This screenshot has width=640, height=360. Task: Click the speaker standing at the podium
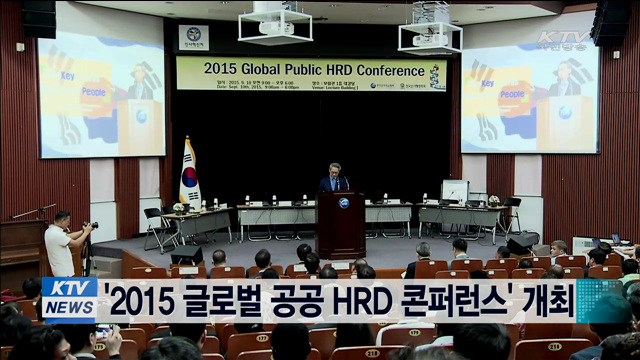click(335, 178)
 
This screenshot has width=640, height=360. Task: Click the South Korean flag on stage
click(189, 173)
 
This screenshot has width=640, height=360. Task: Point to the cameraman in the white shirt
click(59, 244)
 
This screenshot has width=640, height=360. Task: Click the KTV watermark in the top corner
click(563, 40)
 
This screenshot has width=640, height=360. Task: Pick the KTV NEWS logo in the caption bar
click(69, 299)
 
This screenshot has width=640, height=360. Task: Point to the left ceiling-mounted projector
click(275, 22)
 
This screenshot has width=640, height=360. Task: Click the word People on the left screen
click(93, 91)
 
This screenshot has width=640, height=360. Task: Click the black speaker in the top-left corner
click(39, 18)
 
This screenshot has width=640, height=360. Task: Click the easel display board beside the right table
click(455, 191)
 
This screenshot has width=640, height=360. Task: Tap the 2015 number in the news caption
click(141, 299)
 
